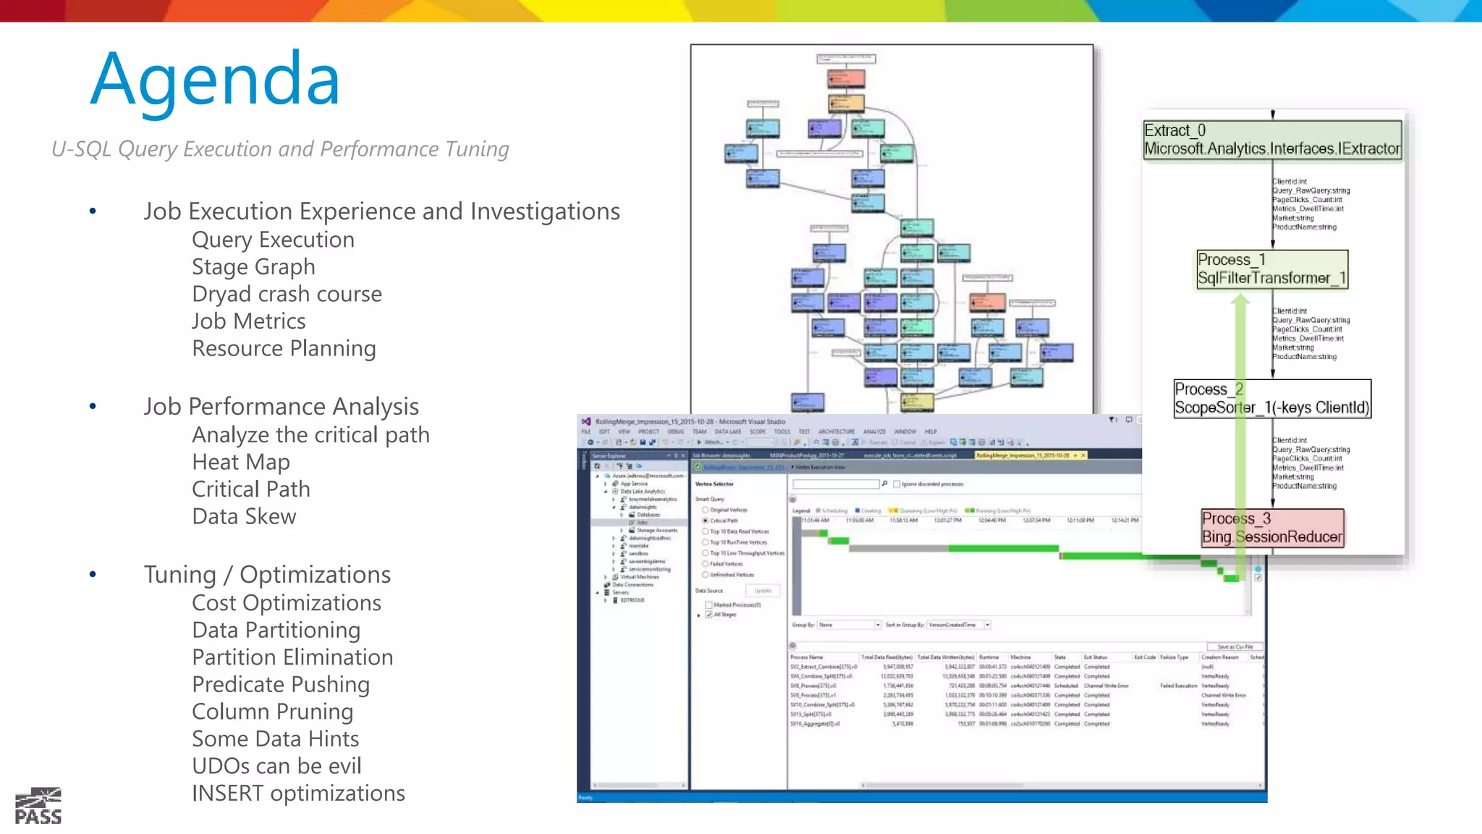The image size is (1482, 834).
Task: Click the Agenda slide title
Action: pos(215,80)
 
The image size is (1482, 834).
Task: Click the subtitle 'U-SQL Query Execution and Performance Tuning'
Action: pos(280,149)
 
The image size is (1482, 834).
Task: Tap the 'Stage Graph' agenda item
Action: pos(253,267)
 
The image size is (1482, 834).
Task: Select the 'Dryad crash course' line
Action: pos(287,294)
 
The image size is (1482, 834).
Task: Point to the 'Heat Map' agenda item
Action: pos(241,462)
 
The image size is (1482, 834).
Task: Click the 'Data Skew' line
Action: pos(244,516)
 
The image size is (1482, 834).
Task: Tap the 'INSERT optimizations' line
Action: pos(298,793)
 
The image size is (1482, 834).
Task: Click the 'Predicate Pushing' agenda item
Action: pos(281,684)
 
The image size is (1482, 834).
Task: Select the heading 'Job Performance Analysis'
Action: pos(281,407)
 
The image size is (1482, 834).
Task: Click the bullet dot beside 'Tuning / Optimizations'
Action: pos(93,575)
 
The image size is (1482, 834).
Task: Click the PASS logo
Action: pos(38,806)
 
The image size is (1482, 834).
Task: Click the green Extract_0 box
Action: pos(1272,140)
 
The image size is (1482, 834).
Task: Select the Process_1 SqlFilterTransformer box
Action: pos(1272,269)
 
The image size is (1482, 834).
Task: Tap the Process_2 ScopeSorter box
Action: pos(1272,399)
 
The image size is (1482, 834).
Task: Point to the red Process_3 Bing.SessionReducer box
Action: pos(1272,528)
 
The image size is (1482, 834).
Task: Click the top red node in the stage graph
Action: pos(846,77)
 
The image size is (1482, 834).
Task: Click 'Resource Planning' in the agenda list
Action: pos(284,349)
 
